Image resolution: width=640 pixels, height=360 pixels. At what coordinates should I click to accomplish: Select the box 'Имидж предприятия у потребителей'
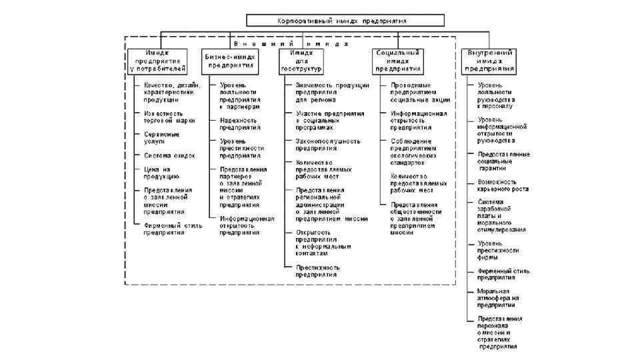click(157, 60)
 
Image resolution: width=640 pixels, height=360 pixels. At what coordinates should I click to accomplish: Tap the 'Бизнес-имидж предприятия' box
click(230, 61)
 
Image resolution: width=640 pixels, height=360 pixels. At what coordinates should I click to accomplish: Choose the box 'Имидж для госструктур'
click(301, 60)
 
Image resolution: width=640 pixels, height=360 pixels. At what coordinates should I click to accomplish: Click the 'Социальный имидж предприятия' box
click(398, 60)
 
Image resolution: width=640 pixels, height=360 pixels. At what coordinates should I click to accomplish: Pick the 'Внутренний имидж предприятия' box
click(489, 60)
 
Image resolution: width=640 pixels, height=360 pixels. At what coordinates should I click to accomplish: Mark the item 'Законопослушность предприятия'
click(327, 145)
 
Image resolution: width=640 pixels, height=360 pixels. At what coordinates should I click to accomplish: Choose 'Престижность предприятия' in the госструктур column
click(317, 271)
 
